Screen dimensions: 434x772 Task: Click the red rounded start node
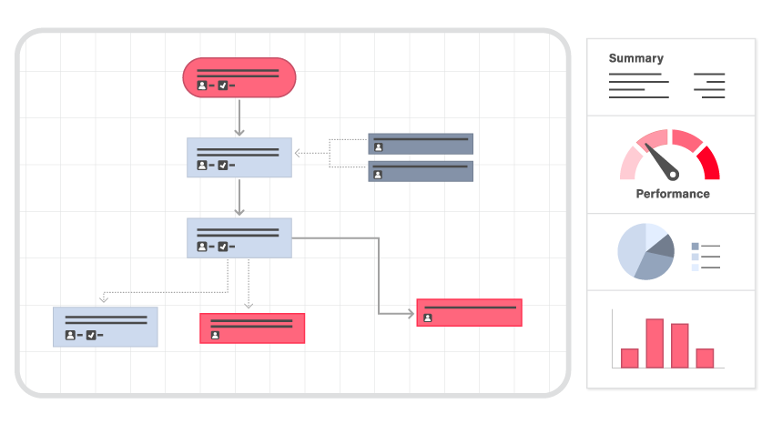(x=239, y=76)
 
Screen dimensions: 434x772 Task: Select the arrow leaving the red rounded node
(x=239, y=117)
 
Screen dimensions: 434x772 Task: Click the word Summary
(x=635, y=58)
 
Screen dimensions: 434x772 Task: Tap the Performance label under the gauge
(x=672, y=194)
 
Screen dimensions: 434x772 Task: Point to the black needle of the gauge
(x=663, y=162)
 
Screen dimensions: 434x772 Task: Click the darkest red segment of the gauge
(x=707, y=163)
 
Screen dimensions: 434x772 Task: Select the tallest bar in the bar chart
(x=655, y=343)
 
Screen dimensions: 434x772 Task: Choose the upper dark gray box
(x=421, y=144)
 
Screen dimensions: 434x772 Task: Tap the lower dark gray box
(x=421, y=171)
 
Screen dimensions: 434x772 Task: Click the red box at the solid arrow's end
(x=469, y=312)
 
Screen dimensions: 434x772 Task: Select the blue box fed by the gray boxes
(x=239, y=157)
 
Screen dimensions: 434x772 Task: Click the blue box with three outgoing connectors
(x=239, y=237)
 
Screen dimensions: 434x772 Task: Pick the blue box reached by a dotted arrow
(x=105, y=327)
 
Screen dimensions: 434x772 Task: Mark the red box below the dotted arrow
(x=252, y=328)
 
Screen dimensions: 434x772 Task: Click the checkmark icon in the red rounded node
(x=222, y=86)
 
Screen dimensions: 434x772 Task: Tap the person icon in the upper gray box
(x=378, y=147)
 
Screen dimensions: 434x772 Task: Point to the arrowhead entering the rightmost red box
(x=411, y=313)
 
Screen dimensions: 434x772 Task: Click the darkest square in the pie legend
(x=696, y=246)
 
